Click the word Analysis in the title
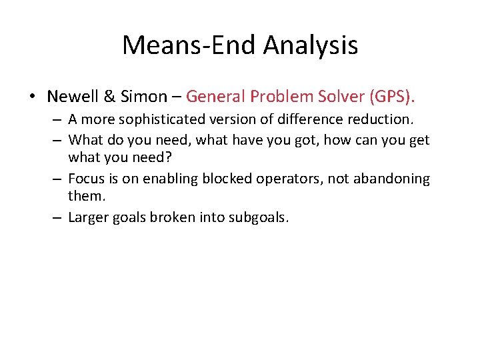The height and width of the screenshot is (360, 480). [311, 46]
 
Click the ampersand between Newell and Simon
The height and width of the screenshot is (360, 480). [111, 97]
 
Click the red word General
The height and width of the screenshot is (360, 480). [215, 97]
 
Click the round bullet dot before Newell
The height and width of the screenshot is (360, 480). [33, 97]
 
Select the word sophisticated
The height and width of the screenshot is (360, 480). [169, 121]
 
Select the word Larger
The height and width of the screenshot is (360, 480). [88, 217]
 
